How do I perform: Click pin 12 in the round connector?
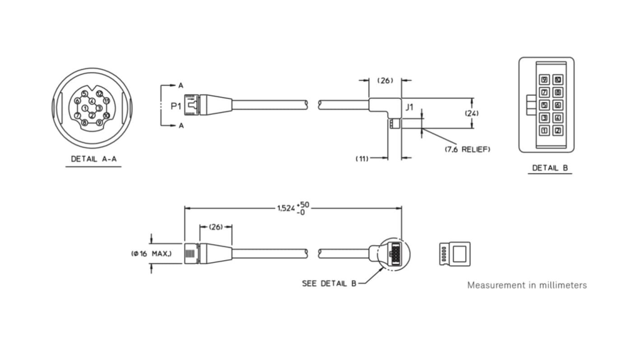click(99, 94)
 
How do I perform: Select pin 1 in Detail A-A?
click(85, 108)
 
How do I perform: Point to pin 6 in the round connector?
click(77, 101)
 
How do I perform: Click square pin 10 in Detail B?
click(558, 80)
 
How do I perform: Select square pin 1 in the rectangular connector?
click(544, 131)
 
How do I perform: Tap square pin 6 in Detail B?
click(558, 105)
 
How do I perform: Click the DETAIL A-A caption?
click(93, 159)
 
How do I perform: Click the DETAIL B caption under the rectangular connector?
click(550, 168)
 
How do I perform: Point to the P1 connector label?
click(176, 106)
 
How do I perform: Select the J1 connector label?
click(409, 107)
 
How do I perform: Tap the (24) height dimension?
click(472, 113)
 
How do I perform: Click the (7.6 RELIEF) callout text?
click(468, 149)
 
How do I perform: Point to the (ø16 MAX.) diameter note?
click(151, 254)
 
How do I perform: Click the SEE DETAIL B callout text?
click(329, 283)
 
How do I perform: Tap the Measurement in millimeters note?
click(527, 285)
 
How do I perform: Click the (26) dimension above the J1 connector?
click(385, 80)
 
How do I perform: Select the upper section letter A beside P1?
click(181, 85)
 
